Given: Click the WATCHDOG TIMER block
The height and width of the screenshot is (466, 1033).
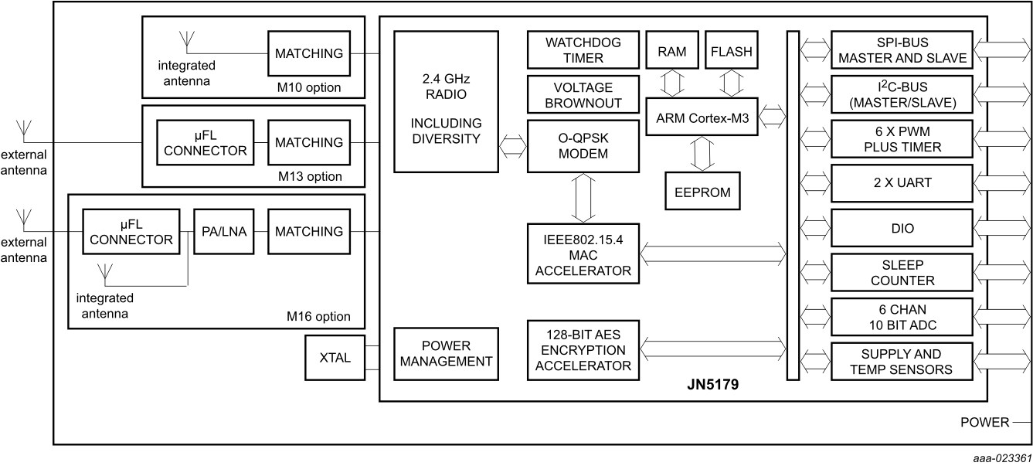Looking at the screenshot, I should coord(583,49).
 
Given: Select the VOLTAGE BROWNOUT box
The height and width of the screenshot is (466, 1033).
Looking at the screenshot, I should coord(583,94).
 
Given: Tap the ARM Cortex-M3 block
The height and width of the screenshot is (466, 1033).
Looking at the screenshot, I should coord(702,117).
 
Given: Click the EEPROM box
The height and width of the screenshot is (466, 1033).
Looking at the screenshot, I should coord(702,191).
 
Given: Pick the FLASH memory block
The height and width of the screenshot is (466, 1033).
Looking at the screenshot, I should coord(730,52).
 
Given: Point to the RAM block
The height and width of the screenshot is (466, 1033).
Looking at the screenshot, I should coord(671,52).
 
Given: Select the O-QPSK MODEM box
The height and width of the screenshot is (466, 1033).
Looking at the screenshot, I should coord(583,145).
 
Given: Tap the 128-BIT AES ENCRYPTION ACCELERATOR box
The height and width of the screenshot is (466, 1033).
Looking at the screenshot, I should coord(583,349).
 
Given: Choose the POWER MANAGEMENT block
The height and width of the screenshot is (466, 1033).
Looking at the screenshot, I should coord(446,353).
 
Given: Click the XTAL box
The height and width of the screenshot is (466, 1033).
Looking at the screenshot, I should coord(335,358).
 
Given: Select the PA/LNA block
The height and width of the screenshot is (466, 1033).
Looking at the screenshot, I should coord(223,231).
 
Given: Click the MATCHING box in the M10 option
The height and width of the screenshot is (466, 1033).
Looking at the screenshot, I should coord(308,53).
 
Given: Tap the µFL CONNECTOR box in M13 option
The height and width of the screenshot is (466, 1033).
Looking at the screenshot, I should coord(204,142).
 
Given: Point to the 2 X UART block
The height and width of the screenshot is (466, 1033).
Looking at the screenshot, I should coord(901,184).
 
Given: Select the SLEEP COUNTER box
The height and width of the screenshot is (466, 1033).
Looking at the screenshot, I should coord(901,273).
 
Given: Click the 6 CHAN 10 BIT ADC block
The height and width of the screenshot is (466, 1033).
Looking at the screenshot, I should coord(901,317).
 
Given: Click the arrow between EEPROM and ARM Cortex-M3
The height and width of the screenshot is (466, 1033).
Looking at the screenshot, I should coord(702,154).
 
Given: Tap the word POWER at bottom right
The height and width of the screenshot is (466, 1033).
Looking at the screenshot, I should coord(984,422).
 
